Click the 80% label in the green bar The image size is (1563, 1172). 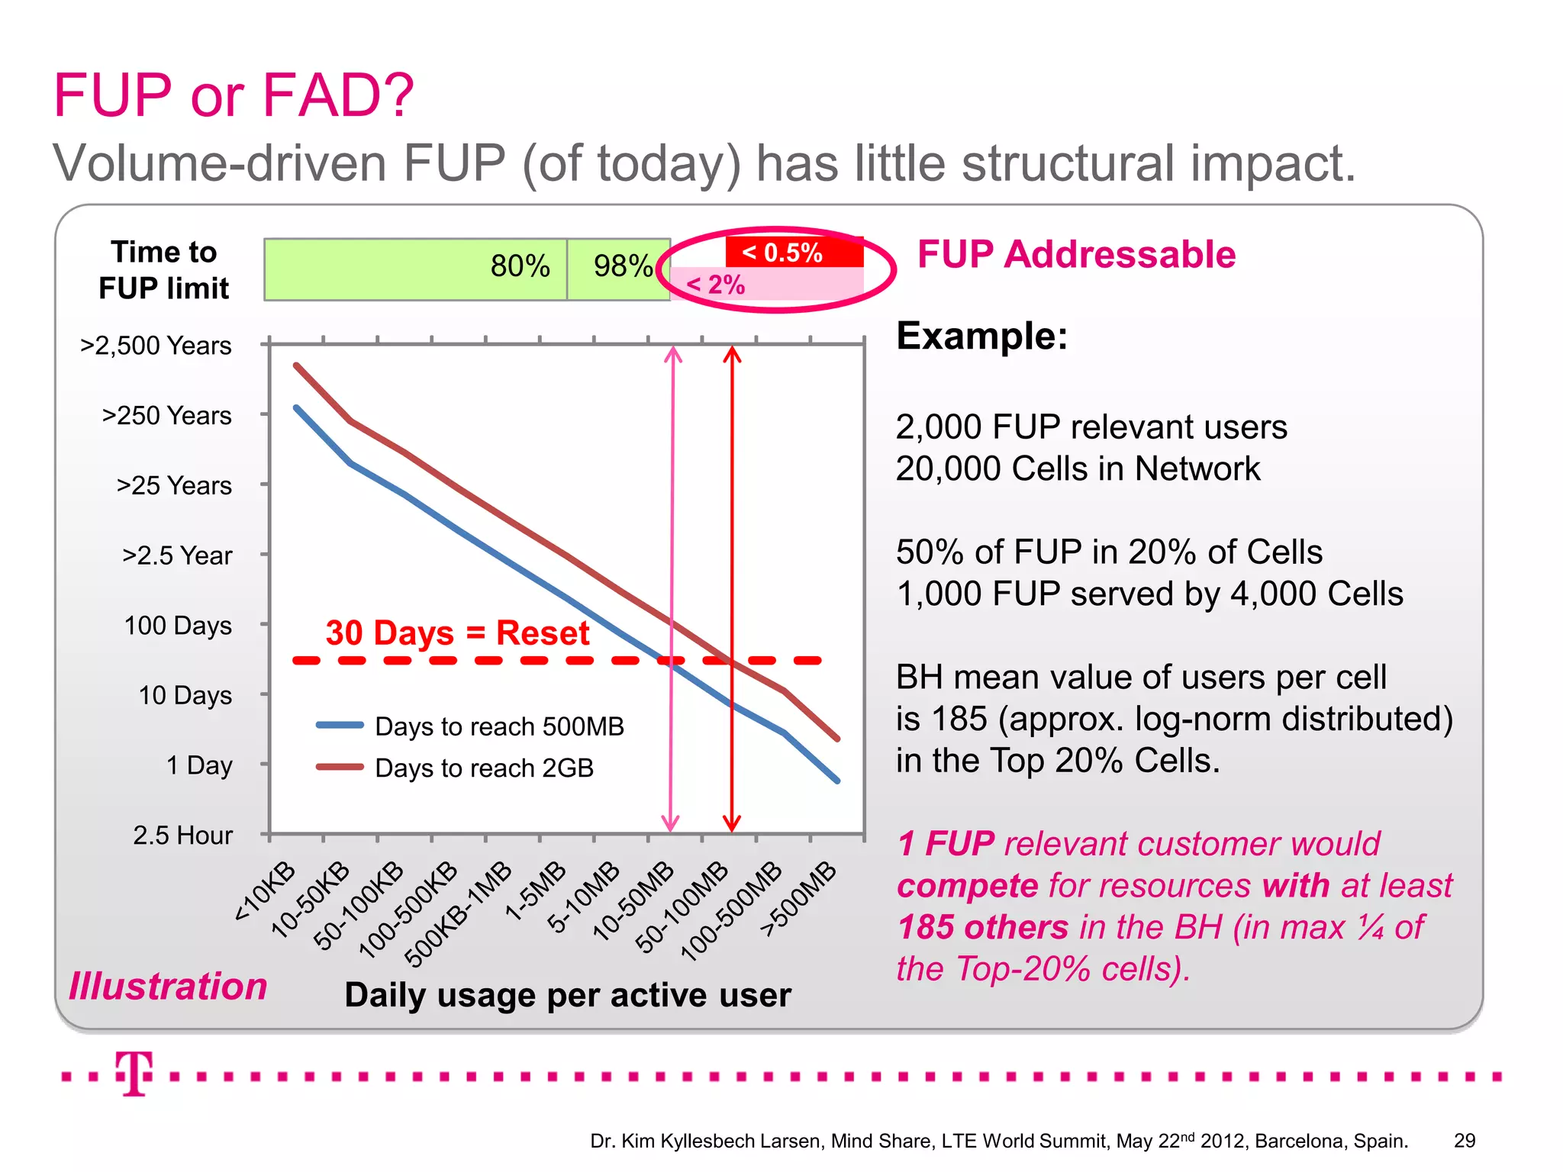tap(520, 266)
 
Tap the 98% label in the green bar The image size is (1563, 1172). tap(623, 266)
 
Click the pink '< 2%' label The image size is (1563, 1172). tap(715, 285)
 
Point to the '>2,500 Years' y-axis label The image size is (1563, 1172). tap(156, 346)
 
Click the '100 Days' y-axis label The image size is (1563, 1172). tap(178, 626)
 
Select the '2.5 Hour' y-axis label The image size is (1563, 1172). tap(182, 836)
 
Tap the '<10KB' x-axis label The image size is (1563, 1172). tap(265, 891)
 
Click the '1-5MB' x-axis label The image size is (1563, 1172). tap(537, 891)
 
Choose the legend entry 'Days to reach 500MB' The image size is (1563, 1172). tap(499, 726)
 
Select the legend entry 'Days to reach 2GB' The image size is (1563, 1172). tap(484, 768)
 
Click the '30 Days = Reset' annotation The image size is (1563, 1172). tap(457, 633)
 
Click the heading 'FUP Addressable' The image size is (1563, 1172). tap(1076, 254)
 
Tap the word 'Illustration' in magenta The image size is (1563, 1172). tap(168, 986)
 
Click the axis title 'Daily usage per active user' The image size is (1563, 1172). tap(568, 995)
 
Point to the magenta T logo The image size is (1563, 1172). tap(134, 1073)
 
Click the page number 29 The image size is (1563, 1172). tap(1464, 1141)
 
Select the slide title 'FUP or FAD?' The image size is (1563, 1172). tap(234, 95)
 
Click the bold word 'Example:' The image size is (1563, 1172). tap(981, 336)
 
